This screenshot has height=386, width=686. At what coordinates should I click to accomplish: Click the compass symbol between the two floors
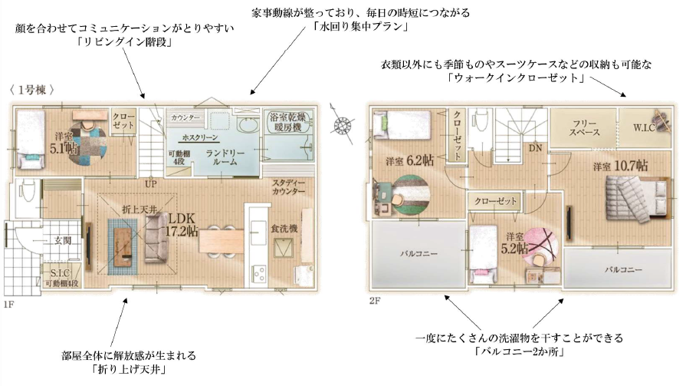[x=343, y=124]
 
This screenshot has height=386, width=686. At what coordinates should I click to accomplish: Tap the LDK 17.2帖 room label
[x=182, y=225]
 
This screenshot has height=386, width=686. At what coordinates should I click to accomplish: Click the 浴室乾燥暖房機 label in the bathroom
[x=287, y=122]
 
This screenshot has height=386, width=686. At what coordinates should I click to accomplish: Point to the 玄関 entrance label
[x=63, y=240]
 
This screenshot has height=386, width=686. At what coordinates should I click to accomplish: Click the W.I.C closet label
[x=644, y=127]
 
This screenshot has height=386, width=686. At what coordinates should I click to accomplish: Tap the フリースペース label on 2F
[x=584, y=127]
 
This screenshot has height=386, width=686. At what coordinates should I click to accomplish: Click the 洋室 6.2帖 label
[x=409, y=161]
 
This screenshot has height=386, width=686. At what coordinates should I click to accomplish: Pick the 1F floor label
[x=8, y=305]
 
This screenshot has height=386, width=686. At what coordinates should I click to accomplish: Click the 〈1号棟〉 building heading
[x=32, y=90]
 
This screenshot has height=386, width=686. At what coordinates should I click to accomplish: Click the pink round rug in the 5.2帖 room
[x=541, y=246]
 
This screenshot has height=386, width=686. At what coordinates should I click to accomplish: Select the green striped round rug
[x=412, y=196]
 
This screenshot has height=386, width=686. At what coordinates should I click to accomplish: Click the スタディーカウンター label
[x=289, y=187]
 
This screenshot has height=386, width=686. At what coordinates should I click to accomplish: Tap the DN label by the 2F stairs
[x=535, y=148]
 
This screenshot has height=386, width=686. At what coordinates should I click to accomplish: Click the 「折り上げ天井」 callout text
[x=129, y=369]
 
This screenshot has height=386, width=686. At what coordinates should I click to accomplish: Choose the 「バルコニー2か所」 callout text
[x=519, y=351]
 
